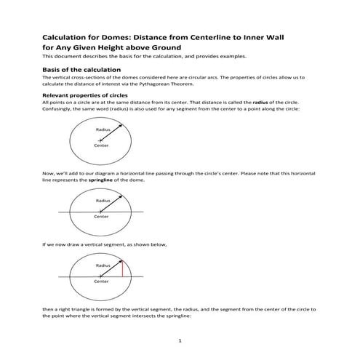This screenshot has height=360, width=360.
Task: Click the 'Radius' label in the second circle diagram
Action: point(102,200)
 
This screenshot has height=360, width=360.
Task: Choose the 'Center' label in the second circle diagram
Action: point(101,217)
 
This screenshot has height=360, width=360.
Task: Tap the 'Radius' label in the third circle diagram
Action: point(102,265)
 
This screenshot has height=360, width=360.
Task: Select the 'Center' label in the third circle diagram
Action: point(101,281)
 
